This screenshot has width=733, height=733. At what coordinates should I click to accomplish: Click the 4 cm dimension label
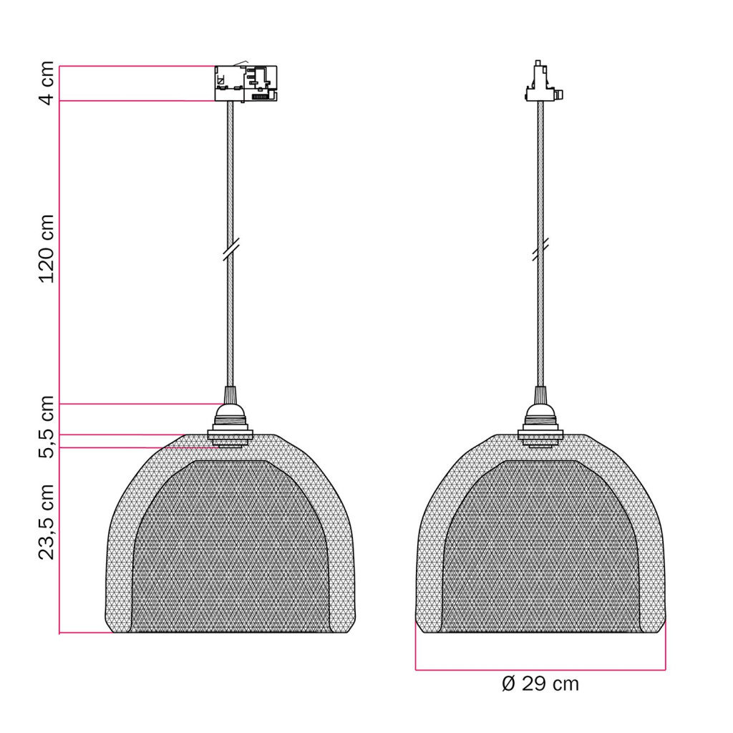pos(47,83)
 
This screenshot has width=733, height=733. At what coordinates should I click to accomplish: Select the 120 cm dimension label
pos(47,248)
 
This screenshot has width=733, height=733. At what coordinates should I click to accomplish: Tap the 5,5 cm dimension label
pos(47,427)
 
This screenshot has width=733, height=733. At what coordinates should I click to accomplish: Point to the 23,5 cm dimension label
pos(47,522)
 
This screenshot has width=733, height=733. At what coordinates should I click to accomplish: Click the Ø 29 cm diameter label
pos(540,684)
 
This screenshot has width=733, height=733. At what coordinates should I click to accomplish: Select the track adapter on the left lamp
pos(246,83)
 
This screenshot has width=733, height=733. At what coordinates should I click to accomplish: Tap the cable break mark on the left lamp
pos(231,248)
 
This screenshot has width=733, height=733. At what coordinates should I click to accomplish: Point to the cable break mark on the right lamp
pos(540,248)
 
